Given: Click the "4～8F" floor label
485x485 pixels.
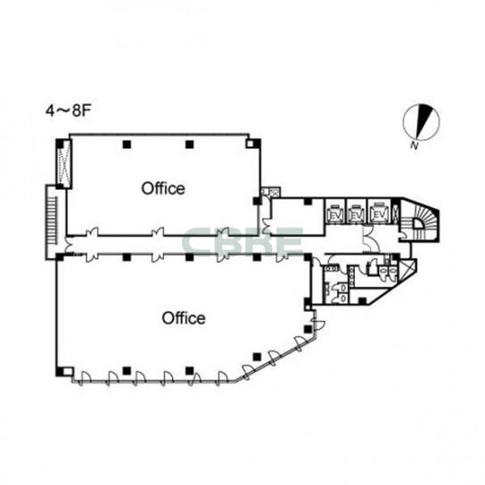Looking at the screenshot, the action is [68, 111].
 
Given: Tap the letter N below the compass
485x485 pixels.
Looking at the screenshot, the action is [414, 145].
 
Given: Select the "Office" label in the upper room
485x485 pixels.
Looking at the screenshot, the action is [163, 188].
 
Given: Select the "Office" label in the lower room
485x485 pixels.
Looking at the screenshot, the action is [184, 318].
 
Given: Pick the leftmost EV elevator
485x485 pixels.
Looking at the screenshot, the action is [335, 211].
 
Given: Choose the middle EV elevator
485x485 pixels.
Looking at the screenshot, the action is [357, 211].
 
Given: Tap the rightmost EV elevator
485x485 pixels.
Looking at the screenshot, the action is [379, 211].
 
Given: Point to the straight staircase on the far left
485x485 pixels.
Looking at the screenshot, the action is [52, 222].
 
